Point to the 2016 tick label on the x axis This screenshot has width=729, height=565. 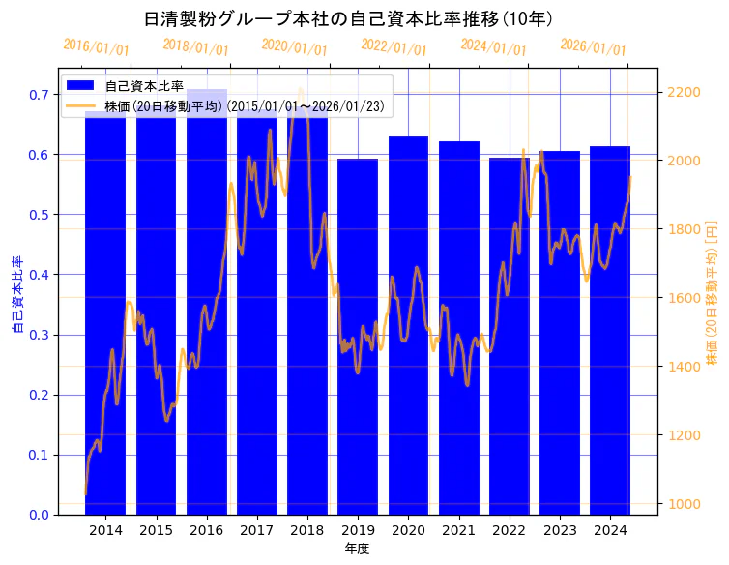coord(206,530)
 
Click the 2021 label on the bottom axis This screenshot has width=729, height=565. coord(458,530)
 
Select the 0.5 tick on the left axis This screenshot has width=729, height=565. coord(38,215)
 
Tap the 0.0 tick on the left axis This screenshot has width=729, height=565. coord(38,515)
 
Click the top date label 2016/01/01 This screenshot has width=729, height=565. coord(96,47)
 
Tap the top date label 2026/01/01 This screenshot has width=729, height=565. coord(593,47)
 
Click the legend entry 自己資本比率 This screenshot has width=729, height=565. coord(145,86)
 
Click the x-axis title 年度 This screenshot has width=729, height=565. coord(358,549)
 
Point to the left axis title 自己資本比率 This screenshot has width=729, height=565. coord(17,294)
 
